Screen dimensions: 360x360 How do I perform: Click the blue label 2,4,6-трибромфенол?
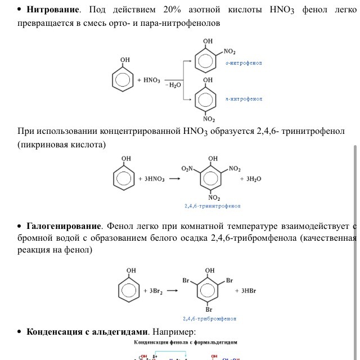tap(210, 318)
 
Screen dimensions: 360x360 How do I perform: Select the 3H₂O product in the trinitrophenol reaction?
tap(250, 178)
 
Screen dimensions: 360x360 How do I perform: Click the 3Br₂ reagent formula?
tap(152, 291)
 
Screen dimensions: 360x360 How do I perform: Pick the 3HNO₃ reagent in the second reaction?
tap(151, 179)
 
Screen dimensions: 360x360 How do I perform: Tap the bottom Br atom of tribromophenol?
tap(208, 309)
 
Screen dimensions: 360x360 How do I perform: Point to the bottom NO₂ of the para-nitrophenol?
tap(209, 119)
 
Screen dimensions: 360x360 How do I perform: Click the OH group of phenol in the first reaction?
tap(125, 60)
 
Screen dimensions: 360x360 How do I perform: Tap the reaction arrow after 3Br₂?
tap(173, 291)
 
